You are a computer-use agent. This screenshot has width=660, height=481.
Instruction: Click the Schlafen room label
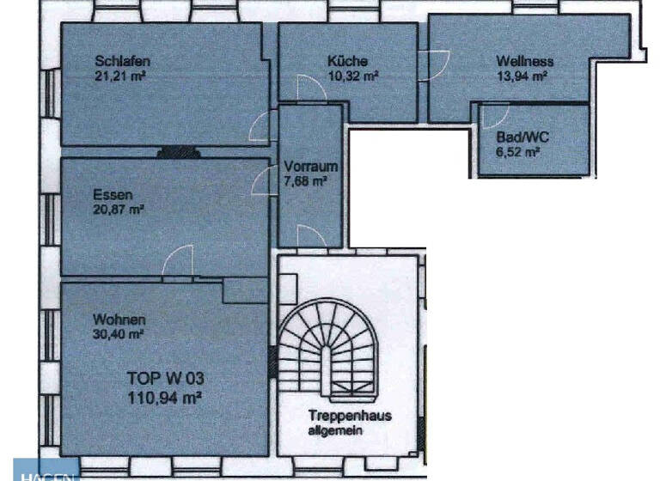(x=124, y=61)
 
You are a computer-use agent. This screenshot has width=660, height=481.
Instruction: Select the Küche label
(x=347, y=61)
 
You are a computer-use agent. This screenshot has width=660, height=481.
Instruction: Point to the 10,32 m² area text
(x=352, y=75)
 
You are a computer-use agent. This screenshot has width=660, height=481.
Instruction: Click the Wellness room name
(x=524, y=62)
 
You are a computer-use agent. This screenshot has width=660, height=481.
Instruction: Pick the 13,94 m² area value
(x=522, y=76)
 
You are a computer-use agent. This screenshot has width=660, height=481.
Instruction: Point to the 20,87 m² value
(x=119, y=209)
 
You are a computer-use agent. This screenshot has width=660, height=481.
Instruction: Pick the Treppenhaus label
(x=350, y=416)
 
